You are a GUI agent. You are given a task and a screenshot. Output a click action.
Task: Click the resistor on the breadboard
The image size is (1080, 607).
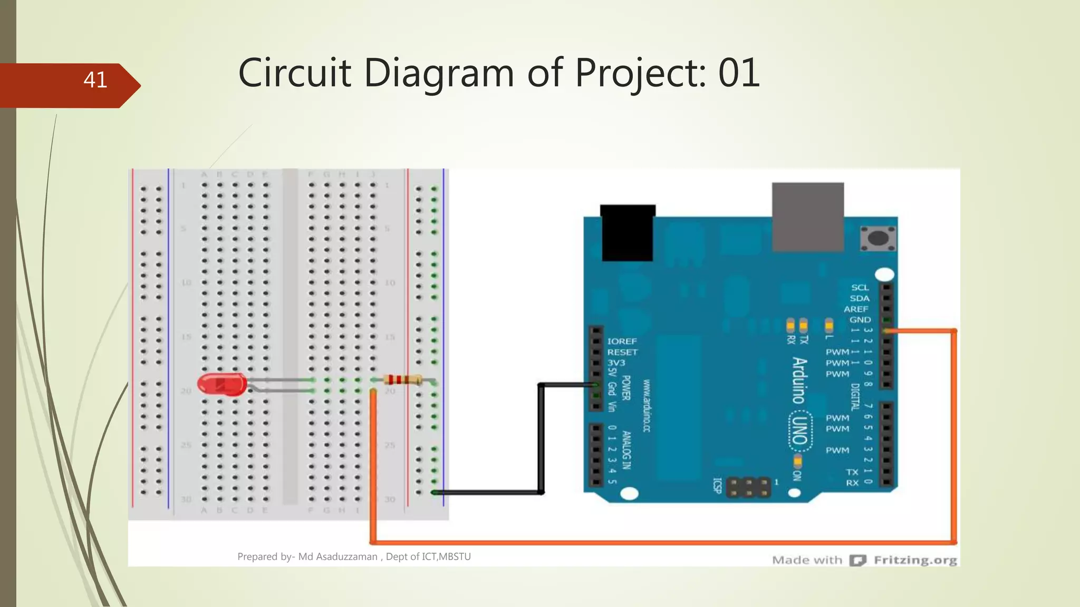point(402,379)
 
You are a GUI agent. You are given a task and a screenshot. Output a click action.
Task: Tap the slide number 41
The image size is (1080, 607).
point(95,80)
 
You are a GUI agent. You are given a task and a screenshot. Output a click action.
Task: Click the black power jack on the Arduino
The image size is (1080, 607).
point(628,232)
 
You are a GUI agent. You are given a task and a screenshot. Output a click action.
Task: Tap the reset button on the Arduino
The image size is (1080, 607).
point(877,238)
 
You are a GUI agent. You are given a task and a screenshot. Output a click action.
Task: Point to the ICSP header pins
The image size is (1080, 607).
point(748,487)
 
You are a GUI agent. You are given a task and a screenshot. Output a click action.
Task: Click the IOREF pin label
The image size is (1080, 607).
point(622,341)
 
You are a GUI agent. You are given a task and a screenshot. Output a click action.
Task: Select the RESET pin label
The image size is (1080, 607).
point(622,352)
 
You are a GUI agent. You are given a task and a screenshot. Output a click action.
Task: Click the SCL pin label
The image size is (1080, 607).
point(860,287)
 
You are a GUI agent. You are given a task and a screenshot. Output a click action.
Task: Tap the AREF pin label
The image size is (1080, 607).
point(855,309)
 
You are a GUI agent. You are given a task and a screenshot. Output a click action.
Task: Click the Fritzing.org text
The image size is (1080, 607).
point(915,560)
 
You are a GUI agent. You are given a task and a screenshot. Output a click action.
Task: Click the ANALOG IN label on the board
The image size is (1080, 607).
point(626,449)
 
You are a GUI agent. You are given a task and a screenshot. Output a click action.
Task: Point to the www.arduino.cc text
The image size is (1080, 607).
point(647,405)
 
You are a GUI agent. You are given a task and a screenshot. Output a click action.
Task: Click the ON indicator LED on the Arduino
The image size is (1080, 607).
point(797,462)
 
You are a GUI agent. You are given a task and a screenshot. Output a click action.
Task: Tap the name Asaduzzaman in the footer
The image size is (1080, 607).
point(337,556)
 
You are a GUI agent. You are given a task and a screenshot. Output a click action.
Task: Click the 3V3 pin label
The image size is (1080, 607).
point(616,363)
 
